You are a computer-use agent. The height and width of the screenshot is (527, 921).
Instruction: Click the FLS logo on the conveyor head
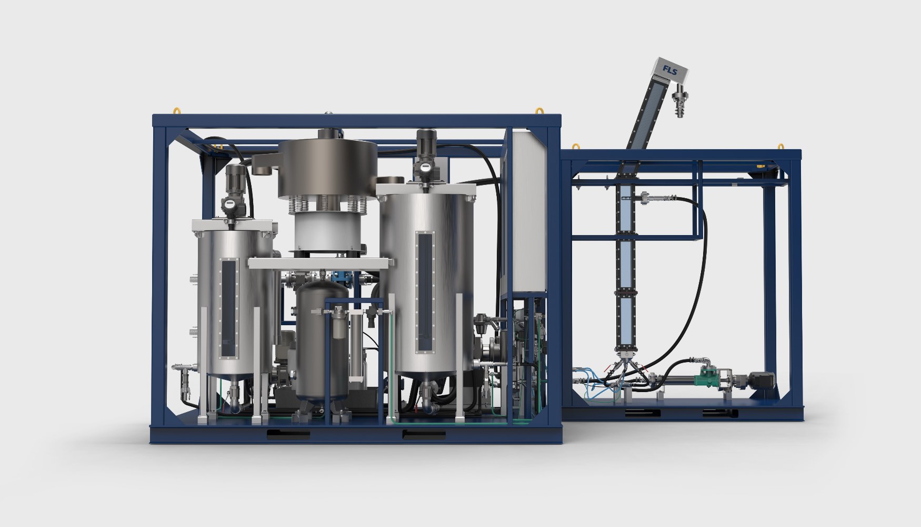tap(670, 71)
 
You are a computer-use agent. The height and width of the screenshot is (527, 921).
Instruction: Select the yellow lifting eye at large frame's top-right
tap(539, 111)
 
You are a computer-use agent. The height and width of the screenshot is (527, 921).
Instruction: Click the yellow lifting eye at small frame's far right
tap(782, 146)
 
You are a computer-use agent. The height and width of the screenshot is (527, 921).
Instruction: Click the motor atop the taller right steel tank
tap(425, 145)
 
